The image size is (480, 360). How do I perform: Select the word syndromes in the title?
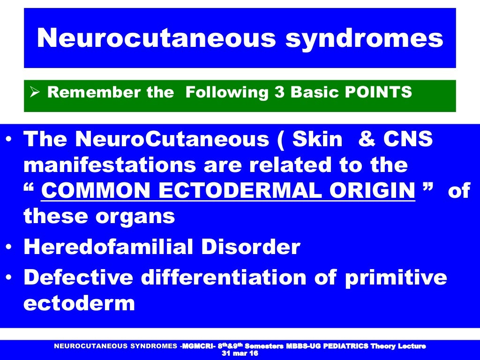point(364,39)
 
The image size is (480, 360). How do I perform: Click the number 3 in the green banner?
point(280,92)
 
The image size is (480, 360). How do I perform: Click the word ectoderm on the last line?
point(79,303)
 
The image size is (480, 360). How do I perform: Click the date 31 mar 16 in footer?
point(240,353)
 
